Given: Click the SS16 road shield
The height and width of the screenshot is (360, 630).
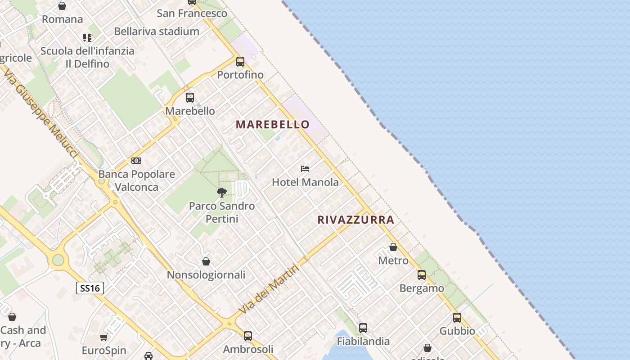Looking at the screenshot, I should pyautogui.click(x=90, y=288).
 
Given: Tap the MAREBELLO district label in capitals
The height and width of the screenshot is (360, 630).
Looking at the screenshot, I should pyautogui.click(x=273, y=125).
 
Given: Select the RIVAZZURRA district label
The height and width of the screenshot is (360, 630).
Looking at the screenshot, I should pyautogui.click(x=355, y=220).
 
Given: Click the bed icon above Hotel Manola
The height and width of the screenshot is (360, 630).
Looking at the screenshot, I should pyautogui.click(x=305, y=169).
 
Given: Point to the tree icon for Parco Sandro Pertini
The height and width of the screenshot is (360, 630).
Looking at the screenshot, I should pyautogui.click(x=221, y=193).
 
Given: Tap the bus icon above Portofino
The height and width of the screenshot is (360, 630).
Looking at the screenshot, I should pyautogui.click(x=240, y=62).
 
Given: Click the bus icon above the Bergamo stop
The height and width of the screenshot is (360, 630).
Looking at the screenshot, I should pyautogui.click(x=422, y=275).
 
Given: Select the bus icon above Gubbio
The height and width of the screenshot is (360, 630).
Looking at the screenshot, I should pyautogui.click(x=457, y=318).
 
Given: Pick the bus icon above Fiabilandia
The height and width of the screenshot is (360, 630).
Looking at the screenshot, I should pyautogui.click(x=363, y=328).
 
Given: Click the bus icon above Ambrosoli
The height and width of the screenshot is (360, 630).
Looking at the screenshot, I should pyautogui.click(x=248, y=336).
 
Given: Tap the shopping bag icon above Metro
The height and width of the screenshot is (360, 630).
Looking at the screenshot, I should pyautogui.click(x=393, y=247).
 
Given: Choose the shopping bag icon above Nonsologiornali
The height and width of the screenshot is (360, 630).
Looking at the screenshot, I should pyautogui.click(x=206, y=261).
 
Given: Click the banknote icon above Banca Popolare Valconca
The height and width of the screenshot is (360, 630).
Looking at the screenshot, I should pyautogui.click(x=136, y=161).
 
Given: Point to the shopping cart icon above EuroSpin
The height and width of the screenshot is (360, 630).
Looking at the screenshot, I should pyautogui.click(x=104, y=337).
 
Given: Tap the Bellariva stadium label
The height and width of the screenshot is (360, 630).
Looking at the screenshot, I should pyautogui.click(x=157, y=31).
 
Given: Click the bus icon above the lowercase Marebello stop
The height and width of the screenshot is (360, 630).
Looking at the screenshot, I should pyautogui.click(x=190, y=98).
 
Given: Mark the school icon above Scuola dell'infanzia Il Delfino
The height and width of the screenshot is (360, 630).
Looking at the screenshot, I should pyautogui.click(x=87, y=38).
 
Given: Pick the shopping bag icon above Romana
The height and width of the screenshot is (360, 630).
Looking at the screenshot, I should pyautogui.click(x=62, y=6).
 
